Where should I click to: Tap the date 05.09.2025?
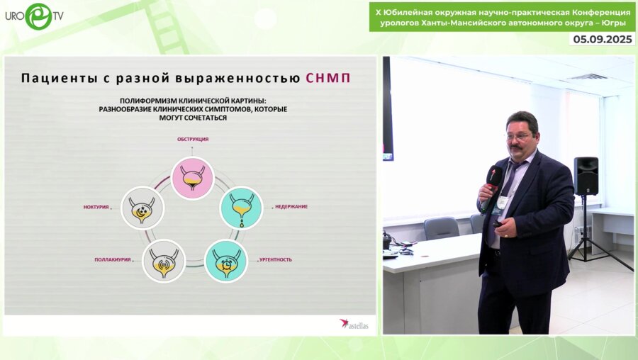tap(602, 39)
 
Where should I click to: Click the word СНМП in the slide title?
tap(328, 77)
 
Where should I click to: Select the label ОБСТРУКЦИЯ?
tap(193, 140)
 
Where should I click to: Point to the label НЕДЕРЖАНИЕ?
tap(291, 207)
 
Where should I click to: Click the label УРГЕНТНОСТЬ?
tap(275, 259)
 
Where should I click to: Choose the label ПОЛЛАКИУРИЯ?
tap(113, 259)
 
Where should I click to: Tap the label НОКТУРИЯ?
tap(96, 207)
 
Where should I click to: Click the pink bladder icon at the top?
tap(193, 176)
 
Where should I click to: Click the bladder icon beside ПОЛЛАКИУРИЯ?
tap(164, 260)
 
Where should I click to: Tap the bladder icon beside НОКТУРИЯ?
tap(143, 207)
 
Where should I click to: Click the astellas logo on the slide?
tap(355, 323)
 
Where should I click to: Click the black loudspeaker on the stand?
tap(586, 176)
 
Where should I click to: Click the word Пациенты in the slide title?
tap(61, 77)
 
